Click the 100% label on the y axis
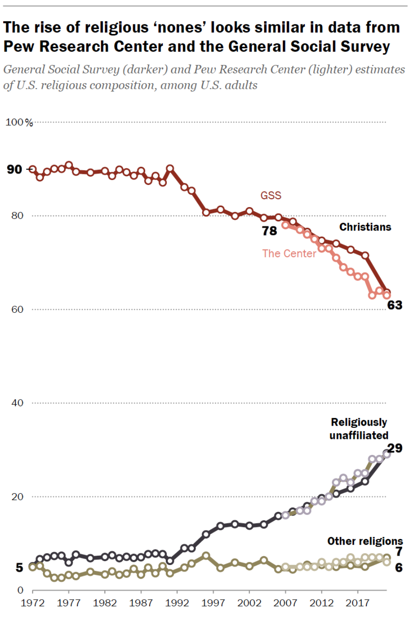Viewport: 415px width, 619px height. pos(19,122)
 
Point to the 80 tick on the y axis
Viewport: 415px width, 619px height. pos(17,215)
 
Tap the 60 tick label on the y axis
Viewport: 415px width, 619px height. pos(17,309)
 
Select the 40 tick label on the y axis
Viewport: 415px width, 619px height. pos(17,403)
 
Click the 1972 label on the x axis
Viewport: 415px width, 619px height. pos(33,603)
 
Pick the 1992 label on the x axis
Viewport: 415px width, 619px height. pos(177,603)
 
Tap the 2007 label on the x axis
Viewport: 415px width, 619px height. pos(285,603)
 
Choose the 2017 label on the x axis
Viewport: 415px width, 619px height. pos(357,603)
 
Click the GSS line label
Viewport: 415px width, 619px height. pos(271,196)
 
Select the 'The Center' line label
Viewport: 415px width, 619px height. pos(289,254)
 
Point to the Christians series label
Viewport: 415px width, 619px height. pos(365,227)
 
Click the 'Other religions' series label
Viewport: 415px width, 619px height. pos(365,541)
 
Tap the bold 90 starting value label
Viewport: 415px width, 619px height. pos(14,169)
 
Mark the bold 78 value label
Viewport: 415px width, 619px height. pos(269,231)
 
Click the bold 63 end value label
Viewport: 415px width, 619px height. pos(395,305)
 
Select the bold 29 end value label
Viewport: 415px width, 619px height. pos(395,448)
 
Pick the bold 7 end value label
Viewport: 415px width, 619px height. pos(399,551)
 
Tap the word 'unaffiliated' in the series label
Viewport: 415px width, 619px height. pos(359,435)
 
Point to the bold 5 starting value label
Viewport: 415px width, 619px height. pos(19,568)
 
